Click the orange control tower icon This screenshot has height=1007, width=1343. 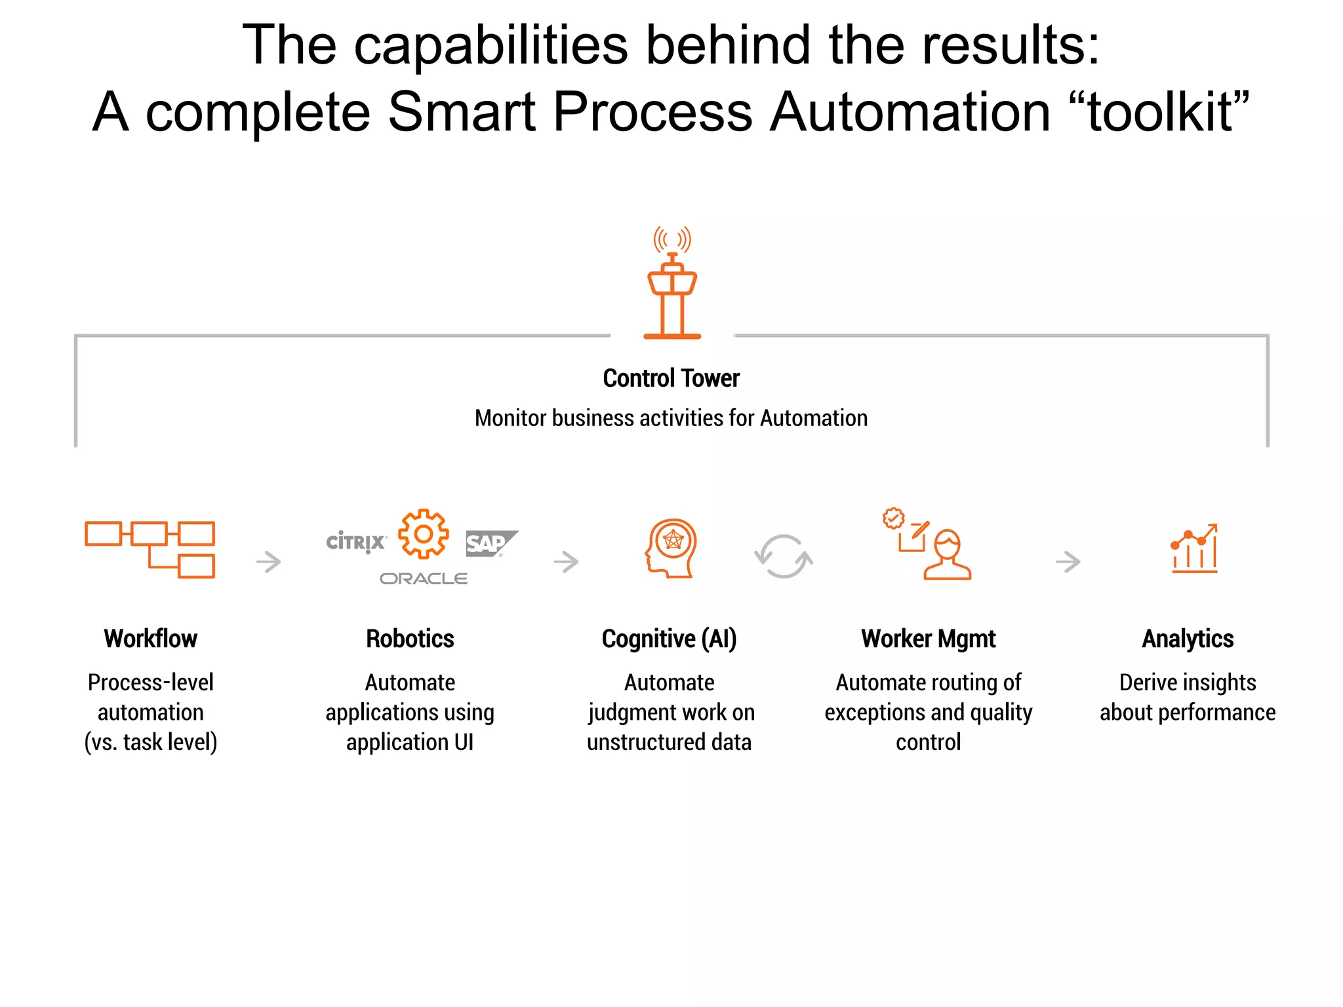pos(672,285)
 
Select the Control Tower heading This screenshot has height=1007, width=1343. pos(671,378)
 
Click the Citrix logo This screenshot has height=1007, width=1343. pos(355,542)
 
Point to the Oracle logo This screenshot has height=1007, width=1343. pos(424,578)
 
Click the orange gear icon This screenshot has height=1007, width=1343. pos(424,534)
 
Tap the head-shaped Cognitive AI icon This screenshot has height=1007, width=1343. pos(671,548)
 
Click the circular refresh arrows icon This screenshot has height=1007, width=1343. pos(783,557)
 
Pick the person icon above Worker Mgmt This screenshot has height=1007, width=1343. pos(947,555)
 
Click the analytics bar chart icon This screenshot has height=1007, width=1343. pos(1194,549)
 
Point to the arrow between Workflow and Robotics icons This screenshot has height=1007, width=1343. pos(269,562)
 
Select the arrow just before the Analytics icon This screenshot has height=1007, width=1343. pos(1068,562)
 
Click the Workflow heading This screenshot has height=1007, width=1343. pos(150,639)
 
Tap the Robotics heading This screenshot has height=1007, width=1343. pos(410,639)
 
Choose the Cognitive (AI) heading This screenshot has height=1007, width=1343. pos(669,639)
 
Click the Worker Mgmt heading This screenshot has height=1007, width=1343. pos(928,639)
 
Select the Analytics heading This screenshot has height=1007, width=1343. pos(1188,639)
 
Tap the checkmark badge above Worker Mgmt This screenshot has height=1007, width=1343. pos(893,519)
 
